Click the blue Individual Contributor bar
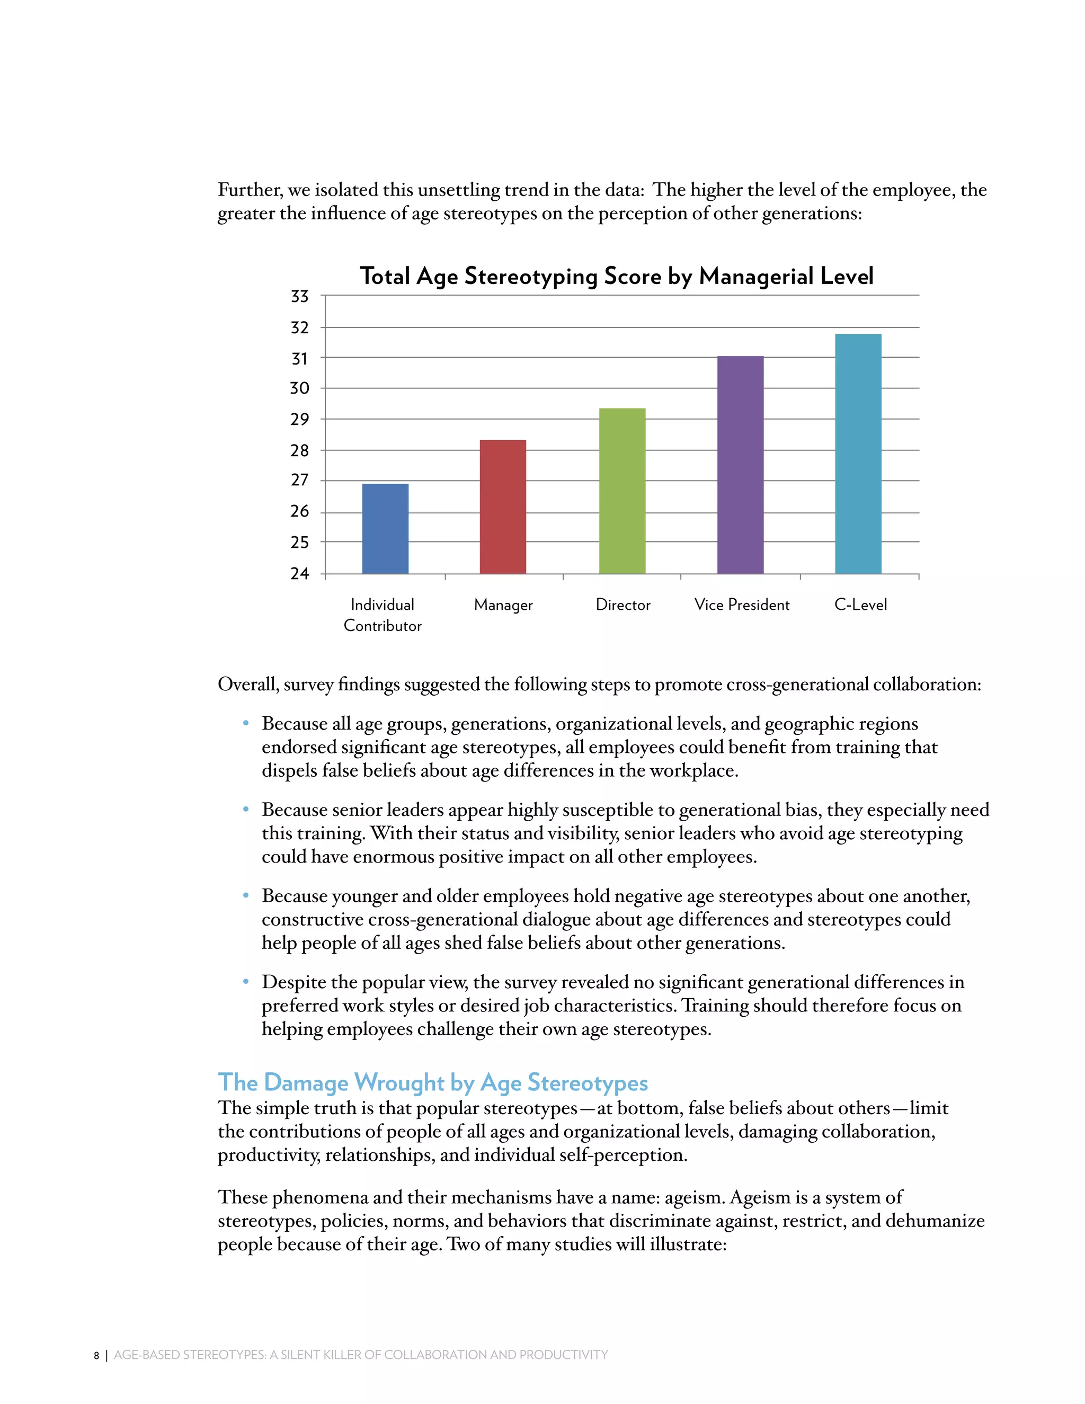click(x=385, y=528)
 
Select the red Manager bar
click(x=503, y=506)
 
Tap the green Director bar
click(x=621, y=491)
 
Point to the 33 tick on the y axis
click(x=299, y=296)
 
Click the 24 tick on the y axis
click(x=299, y=573)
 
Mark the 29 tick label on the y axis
click(x=299, y=419)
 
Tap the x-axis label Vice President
click(x=742, y=605)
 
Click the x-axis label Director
click(x=623, y=605)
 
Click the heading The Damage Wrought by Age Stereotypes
click(x=433, y=1082)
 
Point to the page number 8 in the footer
click(x=96, y=1356)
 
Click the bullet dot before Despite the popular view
click(x=245, y=982)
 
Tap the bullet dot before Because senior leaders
click(x=245, y=810)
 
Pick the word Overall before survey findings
click(x=247, y=685)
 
